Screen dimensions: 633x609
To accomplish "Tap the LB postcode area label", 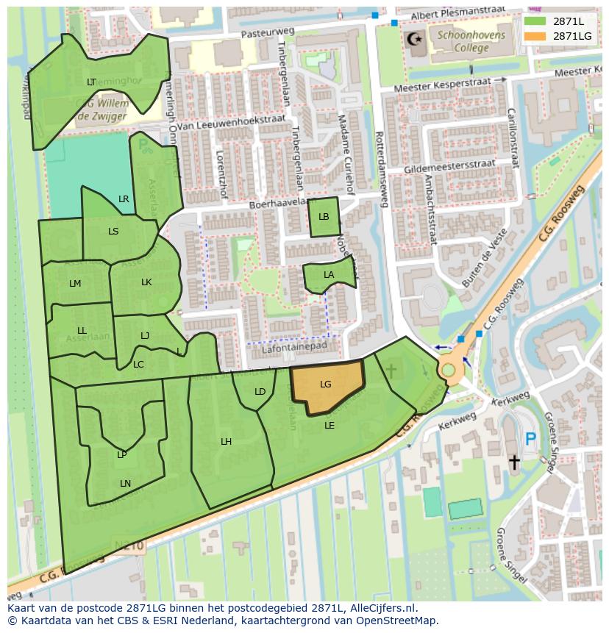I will pyautogui.click(x=324, y=217).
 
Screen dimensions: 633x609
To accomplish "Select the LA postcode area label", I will pyautogui.click(x=329, y=275).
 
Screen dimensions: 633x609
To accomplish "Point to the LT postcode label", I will pyautogui.click(x=91, y=82).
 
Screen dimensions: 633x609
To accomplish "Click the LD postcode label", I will pyautogui.click(x=260, y=392).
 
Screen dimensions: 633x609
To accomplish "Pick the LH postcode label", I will pyautogui.click(x=227, y=442).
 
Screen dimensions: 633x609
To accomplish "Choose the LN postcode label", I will pyautogui.click(x=125, y=483).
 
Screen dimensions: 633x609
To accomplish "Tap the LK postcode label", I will pyautogui.click(x=146, y=282).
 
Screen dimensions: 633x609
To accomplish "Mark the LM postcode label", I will pyautogui.click(x=75, y=284).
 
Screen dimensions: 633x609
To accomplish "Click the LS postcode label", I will pyautogui.click(x=113, y=232).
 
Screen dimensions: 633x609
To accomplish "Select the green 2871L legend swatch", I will pyautogui.click(x=535, y=21).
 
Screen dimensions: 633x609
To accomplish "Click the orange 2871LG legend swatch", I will pyautogui.click(x=535, y=36).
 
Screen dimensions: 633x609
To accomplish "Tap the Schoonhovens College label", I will pyautogui.click(x=462, y=41).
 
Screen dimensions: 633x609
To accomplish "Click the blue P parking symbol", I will pyautogui.click(x=530, y=440).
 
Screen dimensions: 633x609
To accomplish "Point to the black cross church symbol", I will pyautogui.click(x=513, y=462).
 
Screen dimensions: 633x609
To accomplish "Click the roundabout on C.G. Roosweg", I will pyautogui.click(x=449, y=368).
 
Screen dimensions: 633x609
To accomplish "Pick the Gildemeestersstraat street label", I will pyautogui.click(x=449, y=167).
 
